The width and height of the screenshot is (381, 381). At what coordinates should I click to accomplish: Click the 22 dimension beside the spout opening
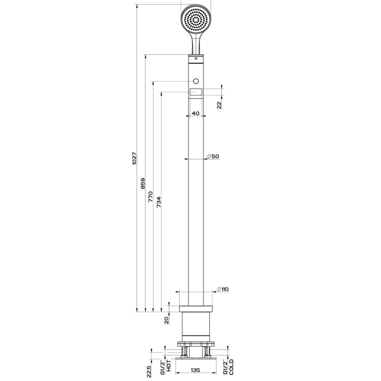(219, 104)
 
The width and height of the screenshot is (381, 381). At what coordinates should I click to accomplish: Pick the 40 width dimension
(195, 113)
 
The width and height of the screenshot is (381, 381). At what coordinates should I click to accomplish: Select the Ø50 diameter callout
(212, 156)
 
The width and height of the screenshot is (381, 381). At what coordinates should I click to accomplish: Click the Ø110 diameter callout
(223, 289)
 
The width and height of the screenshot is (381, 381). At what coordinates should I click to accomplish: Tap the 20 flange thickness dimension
(166, 320)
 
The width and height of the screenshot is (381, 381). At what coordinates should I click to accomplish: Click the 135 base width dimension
(195, 370)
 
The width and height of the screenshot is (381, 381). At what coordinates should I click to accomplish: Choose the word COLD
(231, 367)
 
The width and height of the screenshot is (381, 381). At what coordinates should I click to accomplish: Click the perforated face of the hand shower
(195, 20)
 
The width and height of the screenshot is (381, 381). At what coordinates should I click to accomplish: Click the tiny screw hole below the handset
(195, 58)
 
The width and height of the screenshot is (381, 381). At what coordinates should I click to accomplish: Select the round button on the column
(195, 81)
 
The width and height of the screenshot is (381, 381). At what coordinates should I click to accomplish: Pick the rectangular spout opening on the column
(195, 92)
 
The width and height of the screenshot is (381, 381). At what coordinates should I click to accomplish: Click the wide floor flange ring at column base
(195, 309)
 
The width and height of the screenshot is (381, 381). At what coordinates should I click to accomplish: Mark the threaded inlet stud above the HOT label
(184, 351)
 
